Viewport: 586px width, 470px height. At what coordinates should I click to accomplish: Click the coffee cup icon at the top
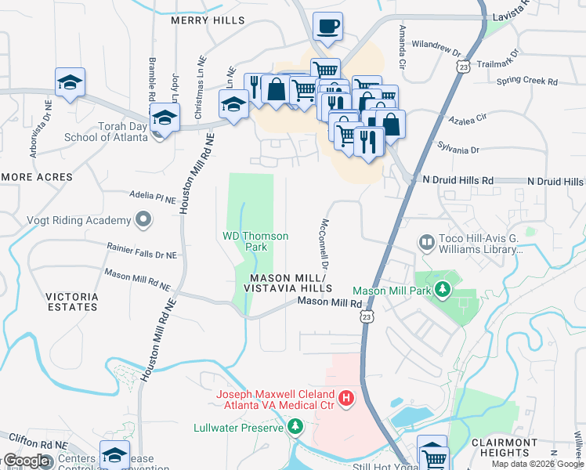327,26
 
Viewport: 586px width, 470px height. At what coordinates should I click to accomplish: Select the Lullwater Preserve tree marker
295,427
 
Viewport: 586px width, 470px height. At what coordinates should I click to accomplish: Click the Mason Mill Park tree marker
443,291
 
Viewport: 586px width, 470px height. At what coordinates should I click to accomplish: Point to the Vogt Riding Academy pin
143,220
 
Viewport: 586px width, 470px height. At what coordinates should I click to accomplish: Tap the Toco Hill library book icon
426,242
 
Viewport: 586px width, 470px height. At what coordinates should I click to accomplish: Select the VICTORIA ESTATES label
72,302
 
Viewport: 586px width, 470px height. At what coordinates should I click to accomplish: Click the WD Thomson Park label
256,241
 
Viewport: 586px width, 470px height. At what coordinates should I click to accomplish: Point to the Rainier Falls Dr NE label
142,250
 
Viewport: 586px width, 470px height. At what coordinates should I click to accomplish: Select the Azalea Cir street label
468,119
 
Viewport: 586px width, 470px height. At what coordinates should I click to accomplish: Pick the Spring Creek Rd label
526,81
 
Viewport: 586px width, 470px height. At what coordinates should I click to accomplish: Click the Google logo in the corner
26,460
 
